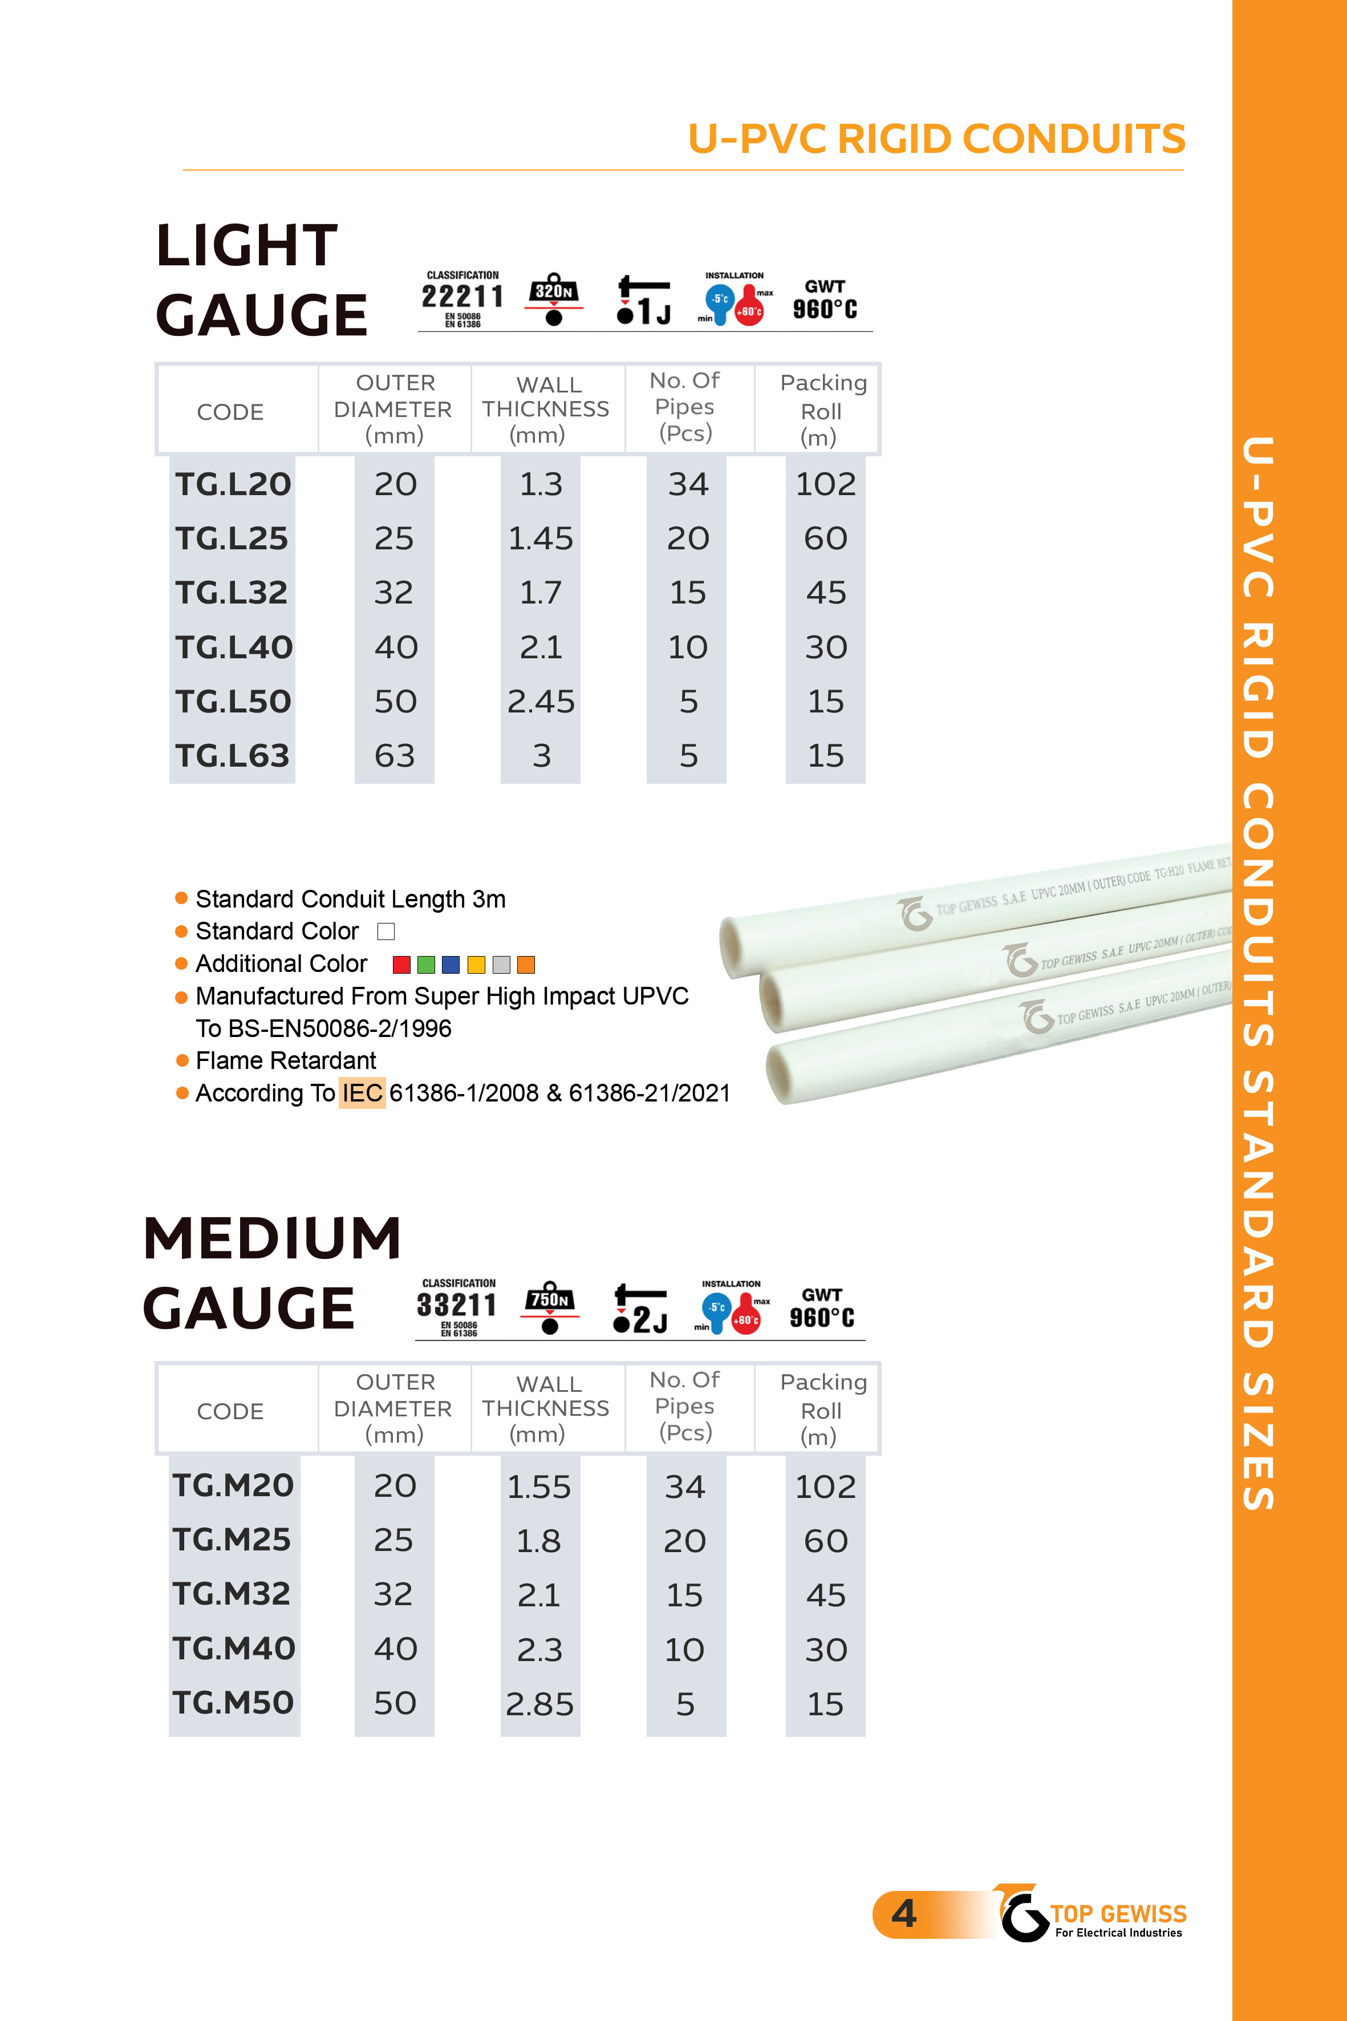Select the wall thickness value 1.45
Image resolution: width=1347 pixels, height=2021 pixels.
click(x=541, y=538)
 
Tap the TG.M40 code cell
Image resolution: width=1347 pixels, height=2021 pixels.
click(x=234, y=1648)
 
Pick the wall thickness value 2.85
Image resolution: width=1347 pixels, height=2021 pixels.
click(x=539, y=1704)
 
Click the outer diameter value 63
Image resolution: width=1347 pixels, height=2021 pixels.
click(x=394, y=756)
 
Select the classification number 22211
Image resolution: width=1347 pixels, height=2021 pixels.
click(x=462, y=297)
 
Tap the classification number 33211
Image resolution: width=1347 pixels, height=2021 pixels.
click(x=457, y=1305)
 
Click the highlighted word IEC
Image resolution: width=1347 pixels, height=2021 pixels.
click(x=362, y=1093)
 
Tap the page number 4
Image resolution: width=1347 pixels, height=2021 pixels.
click(x=904, y=1914)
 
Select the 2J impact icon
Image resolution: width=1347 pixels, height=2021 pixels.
click(x=640, y=1310)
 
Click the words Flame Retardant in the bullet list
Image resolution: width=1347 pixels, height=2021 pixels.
click(x=286, y=1060)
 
